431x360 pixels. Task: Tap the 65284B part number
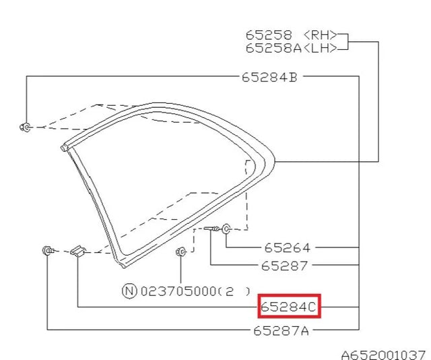click(269, 77)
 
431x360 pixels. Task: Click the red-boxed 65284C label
click(289, 307)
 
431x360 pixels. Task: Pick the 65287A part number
click(281, 331)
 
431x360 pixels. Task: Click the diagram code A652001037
click(382, 354)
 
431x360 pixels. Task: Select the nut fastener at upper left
click(25, 126)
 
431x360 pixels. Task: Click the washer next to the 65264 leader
click(226, 230)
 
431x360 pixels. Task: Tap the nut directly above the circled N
click(180, 252)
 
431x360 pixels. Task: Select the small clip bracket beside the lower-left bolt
click(77, 251)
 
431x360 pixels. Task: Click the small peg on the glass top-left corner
click(64, 146)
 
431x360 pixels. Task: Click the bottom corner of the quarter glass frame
click(121, 258)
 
